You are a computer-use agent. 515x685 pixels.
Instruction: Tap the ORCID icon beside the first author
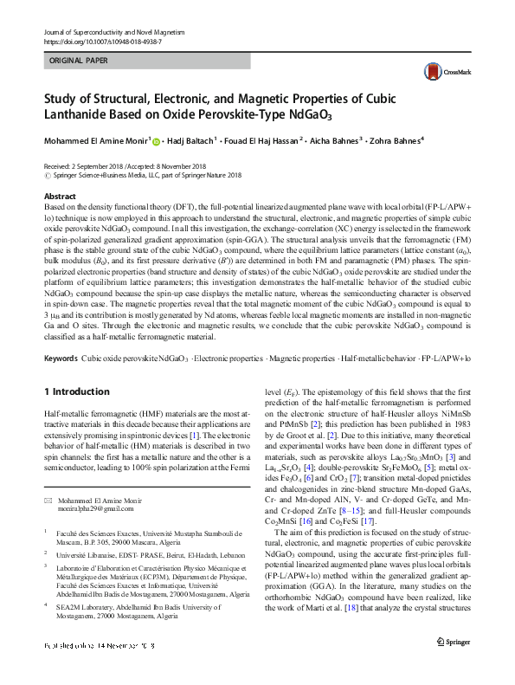pos(157,140)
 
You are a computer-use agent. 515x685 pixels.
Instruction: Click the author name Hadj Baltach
pos(198,140)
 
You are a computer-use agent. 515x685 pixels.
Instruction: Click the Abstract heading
pos(59,197)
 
